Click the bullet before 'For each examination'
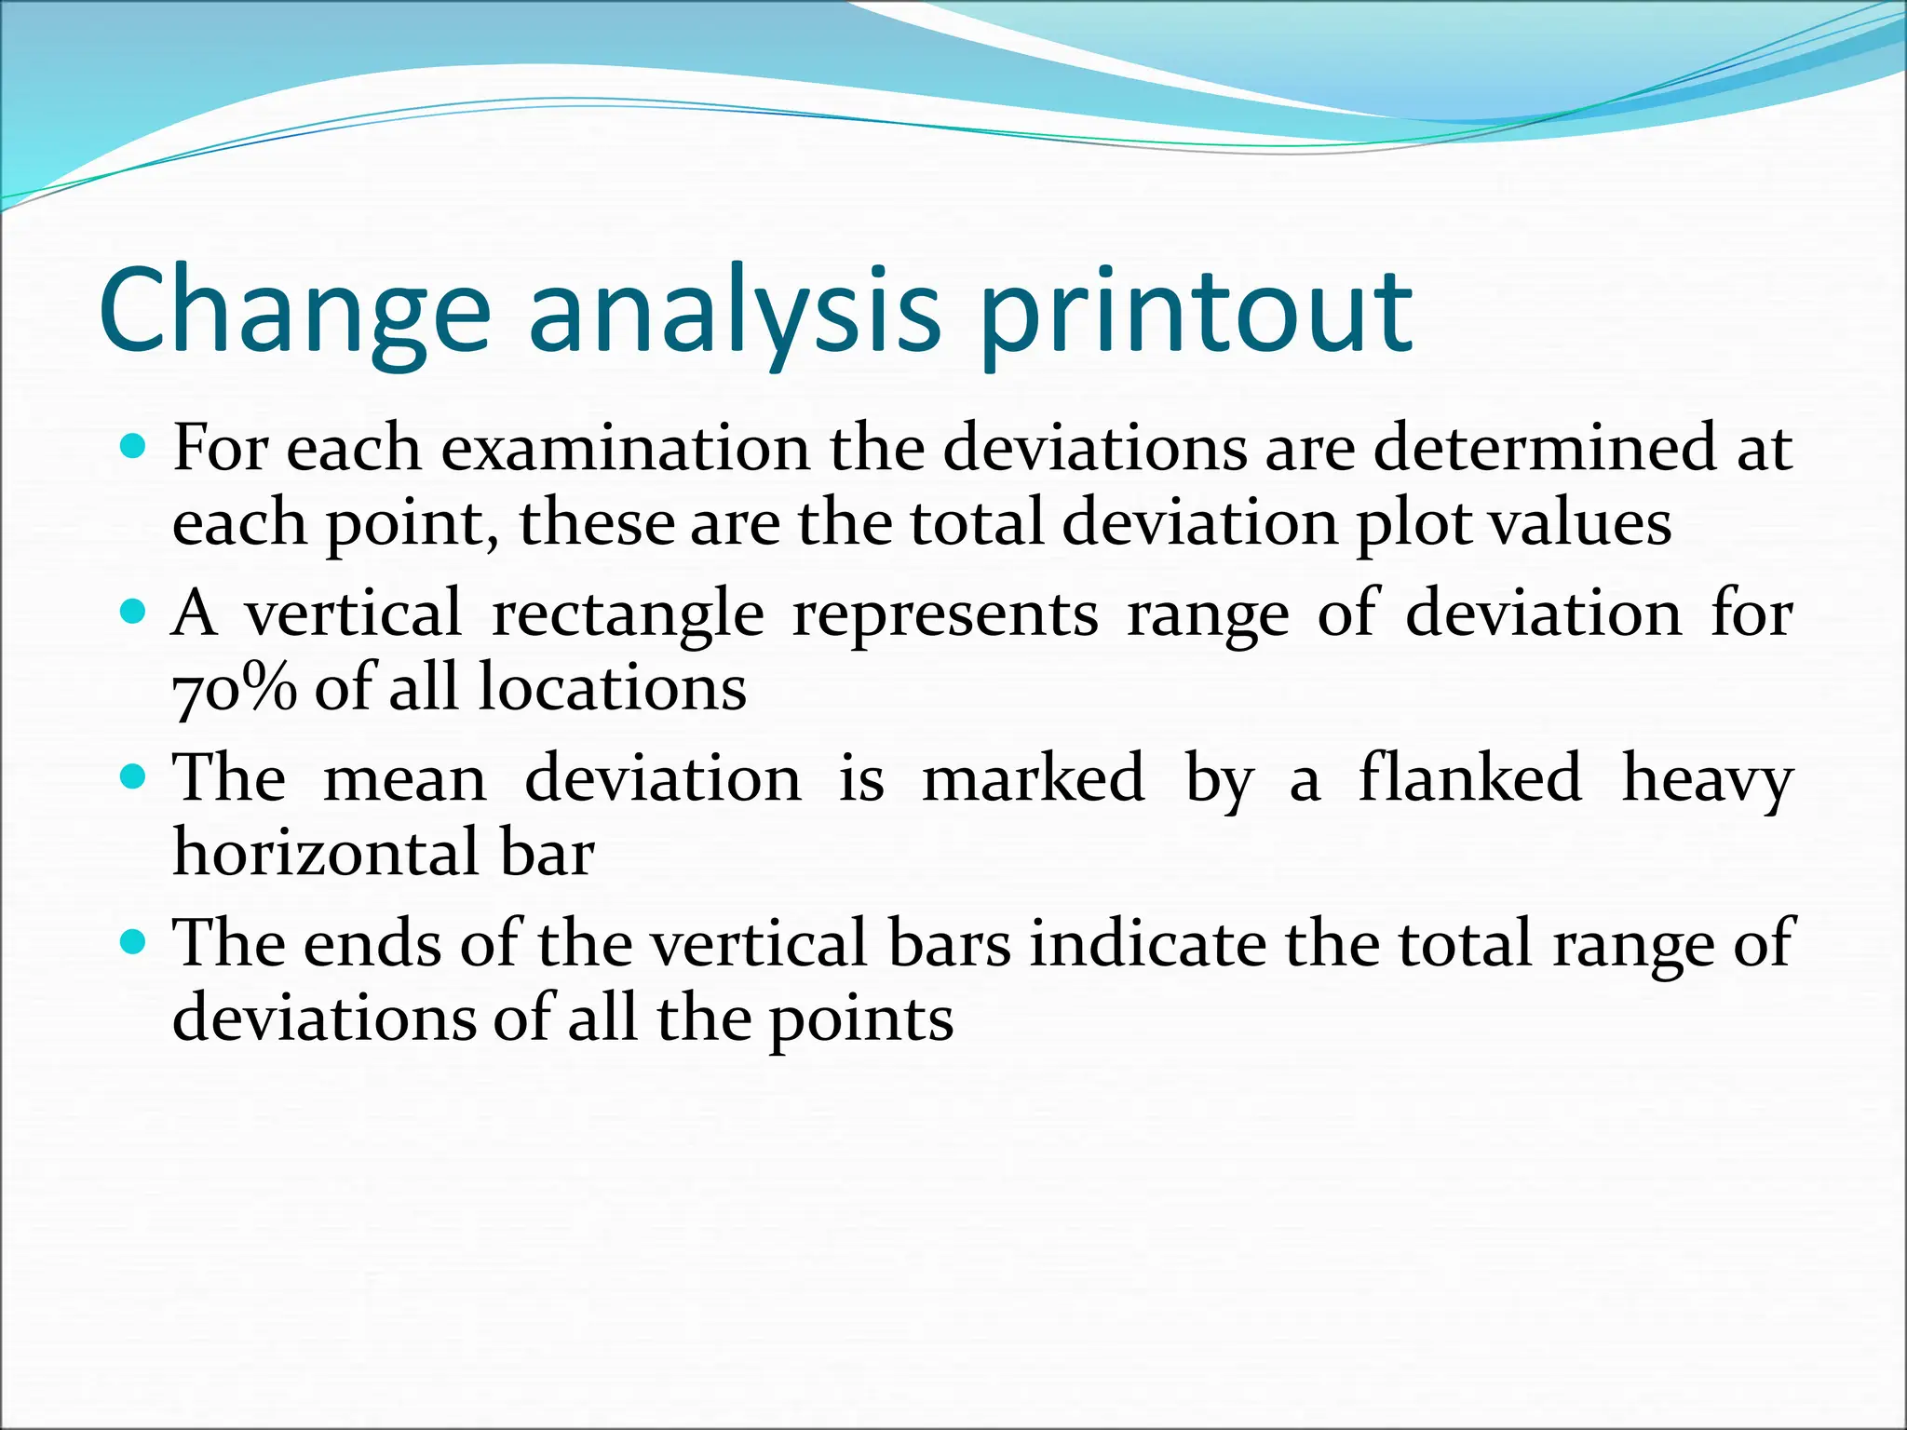coord(134,448)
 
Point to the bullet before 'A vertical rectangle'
coord(134,612)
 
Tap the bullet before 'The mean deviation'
coord(134,776)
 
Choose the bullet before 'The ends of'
coord(134,942)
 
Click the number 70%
coord(235,688)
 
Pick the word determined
coord(1544,448)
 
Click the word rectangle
coord(628,614)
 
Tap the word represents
coord(944,614)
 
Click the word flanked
coord(1469,778)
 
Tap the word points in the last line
coord(860,1019)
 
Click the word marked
coord(1033,778)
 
